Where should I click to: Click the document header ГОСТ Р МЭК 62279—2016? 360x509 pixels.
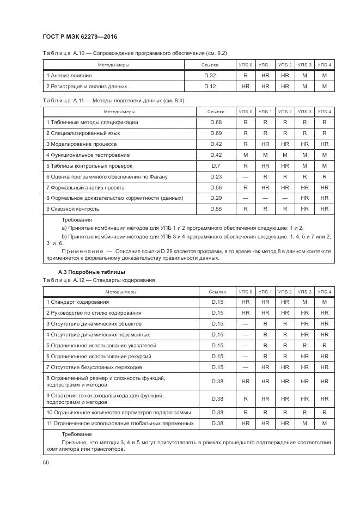click(80, 37)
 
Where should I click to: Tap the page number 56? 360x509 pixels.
click(46, 462)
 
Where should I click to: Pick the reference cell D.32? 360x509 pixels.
click(210, 76)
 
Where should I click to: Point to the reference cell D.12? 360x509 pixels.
click(210, 86)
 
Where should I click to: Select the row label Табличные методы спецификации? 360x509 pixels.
click(92, 122)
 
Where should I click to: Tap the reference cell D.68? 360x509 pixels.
click(216, 122)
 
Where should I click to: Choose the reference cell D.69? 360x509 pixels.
click(216, 133)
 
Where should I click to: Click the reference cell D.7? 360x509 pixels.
click(216, 165)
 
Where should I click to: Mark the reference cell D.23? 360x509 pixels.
click(216, 176)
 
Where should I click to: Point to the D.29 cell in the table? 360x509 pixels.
click(216, 198)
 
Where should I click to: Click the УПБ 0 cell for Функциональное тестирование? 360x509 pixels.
click(246, 155)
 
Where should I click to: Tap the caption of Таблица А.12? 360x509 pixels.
click(98, 280)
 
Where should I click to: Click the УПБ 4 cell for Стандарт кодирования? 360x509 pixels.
click(325, 302)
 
